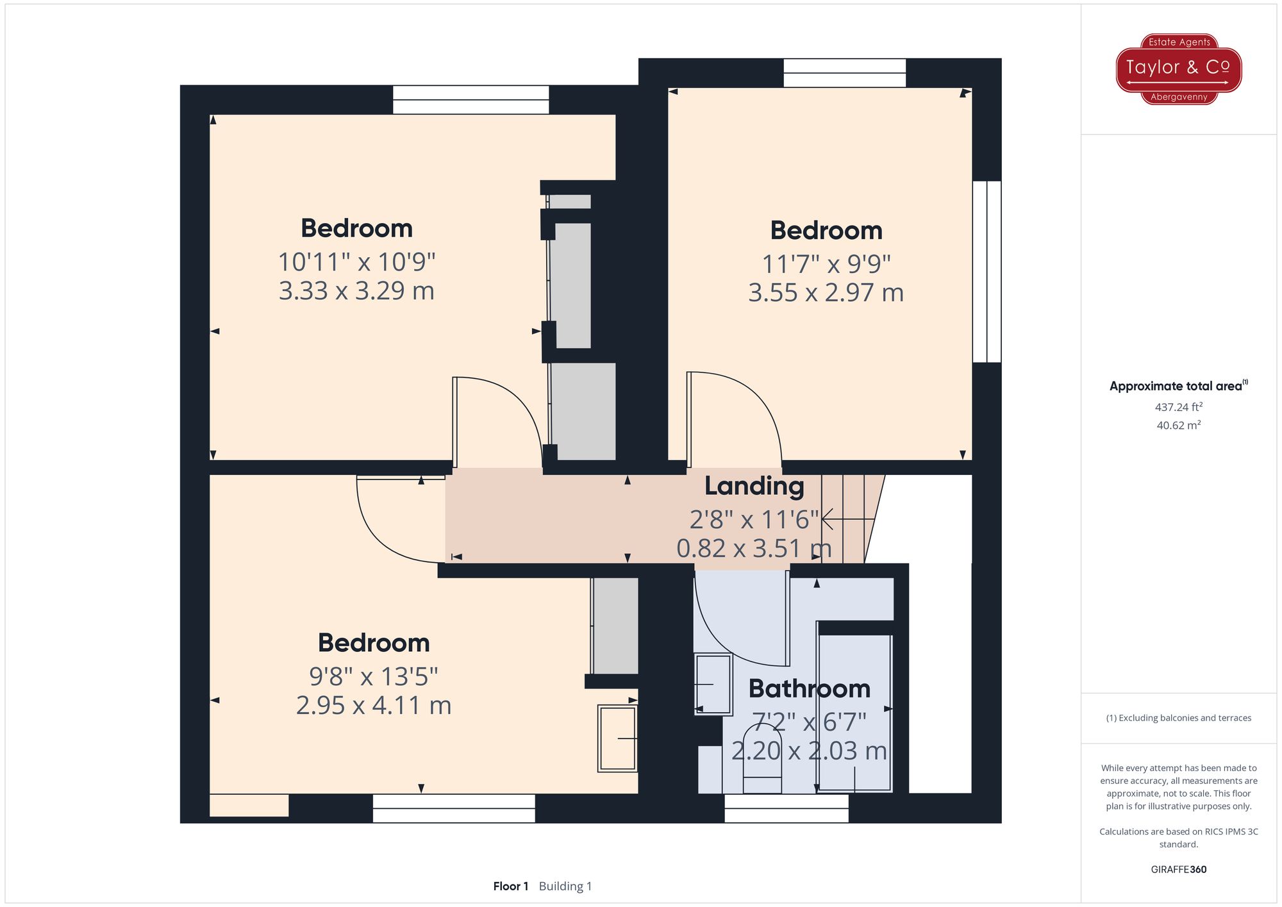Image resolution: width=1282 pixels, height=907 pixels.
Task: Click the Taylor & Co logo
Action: click(1179, 69)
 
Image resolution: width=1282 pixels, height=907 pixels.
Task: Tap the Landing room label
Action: click(754, 487)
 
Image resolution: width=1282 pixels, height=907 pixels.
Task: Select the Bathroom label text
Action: click(810, 688)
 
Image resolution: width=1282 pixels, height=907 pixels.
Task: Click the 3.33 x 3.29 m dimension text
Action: click(356, 290)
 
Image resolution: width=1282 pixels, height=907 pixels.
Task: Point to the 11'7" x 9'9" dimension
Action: click(826, 263)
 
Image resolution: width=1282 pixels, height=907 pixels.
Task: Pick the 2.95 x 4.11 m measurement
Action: click(374, 705)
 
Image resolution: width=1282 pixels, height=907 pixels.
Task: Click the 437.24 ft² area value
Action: click(1179, 406)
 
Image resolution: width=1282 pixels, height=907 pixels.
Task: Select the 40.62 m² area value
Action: click(1179, 425)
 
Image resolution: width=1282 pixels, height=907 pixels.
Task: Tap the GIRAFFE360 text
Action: click(1179, 869)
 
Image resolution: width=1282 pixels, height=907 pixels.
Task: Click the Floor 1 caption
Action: click(510, 886)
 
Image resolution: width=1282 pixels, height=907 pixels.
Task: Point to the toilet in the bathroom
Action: click(762, 760)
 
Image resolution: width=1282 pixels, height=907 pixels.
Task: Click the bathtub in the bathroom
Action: click(855, 712)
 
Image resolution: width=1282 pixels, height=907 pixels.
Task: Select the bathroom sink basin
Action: click(713, 684)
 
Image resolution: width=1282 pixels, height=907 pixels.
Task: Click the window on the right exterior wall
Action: click(987, 272)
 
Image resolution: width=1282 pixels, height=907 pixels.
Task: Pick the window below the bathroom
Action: click(787, 808)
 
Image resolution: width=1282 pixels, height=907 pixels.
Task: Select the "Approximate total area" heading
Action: click(1179, 386)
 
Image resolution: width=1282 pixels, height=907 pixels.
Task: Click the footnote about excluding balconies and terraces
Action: click(1179, 718)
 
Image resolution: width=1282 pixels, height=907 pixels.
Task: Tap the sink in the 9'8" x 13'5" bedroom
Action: click(617, 738)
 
